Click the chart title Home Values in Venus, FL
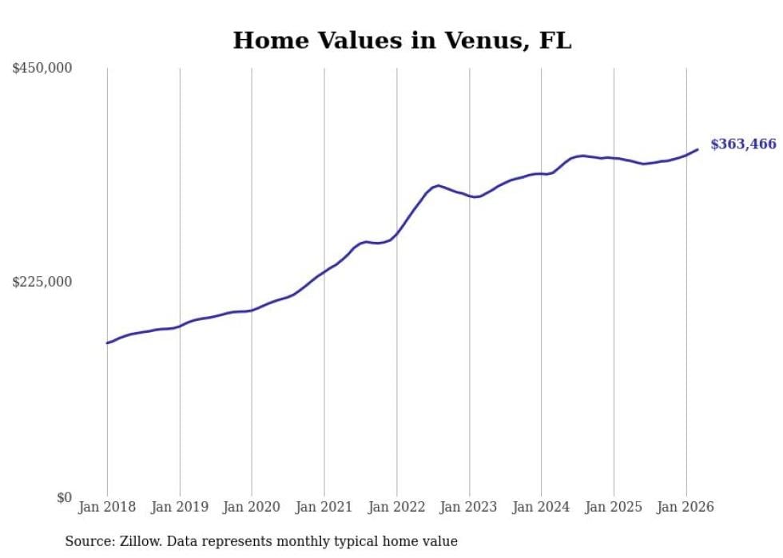(x=402, y=41)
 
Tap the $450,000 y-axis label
(x=42, y=69)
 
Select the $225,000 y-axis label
(x=42, y=282)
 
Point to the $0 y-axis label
(x=64, y=497)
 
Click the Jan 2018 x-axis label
(x=107, y=507)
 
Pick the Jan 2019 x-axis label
(x=180, y=507)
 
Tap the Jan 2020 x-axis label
(x=252, y=507)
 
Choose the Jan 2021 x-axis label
(x=324, y=507)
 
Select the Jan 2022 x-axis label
(x=397, y=507)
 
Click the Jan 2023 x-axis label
(x=469, y=507)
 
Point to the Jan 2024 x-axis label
(x=542, y=507)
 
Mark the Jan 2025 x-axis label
(x=614, y=507)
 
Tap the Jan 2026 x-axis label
(x=686, y=507)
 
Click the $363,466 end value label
(x=743, y=144)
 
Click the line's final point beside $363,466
(x=698, y=149)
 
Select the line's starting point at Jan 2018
(x=107, y=343)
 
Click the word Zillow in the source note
(x=141, y=541)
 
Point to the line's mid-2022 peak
(x=438, y=185)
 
